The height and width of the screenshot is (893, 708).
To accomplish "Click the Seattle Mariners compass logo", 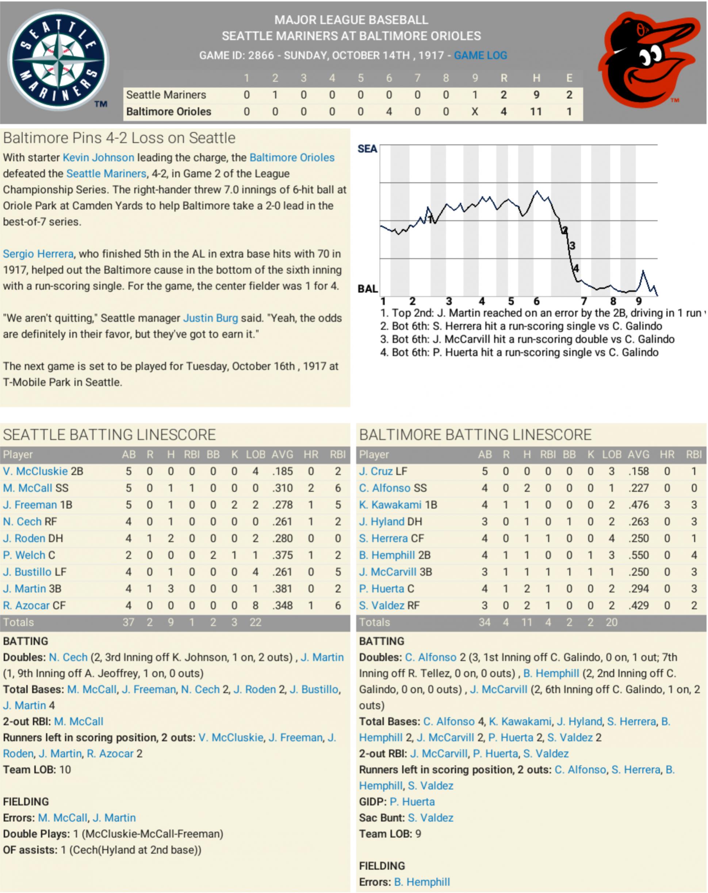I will click(x=58, y=61).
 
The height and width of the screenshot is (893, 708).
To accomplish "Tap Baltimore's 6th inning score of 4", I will click(x=389, y=111).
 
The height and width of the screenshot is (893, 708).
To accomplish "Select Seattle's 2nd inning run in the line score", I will click(x=275, y=95).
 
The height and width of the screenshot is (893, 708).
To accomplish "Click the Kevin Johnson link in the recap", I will click(x=98, y=157).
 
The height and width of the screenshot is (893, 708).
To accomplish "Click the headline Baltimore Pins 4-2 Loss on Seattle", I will click(x=119, y=138).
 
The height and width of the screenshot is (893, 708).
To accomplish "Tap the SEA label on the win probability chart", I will click(x=367, y=149).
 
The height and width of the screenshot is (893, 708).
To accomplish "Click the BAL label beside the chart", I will click(x=367, y=289).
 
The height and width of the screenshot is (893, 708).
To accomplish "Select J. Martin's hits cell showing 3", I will click(x=171, y=589).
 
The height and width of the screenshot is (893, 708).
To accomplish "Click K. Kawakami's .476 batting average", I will click(x=638, y=505).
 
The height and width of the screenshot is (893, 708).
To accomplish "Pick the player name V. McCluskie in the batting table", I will click(x=35, y=471).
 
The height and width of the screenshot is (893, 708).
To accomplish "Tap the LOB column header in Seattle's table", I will click(x=255, y=454).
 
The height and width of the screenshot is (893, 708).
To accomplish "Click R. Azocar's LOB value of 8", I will click(x=255, y=605).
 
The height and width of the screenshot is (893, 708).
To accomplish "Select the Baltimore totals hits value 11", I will click(x=527, y=622).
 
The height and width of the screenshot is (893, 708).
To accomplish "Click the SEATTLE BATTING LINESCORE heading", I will click(x=110, y=435).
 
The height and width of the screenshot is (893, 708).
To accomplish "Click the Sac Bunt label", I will click(x=381, y=817).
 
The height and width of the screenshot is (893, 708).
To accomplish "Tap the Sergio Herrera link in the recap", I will click(x=38, y=254).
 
